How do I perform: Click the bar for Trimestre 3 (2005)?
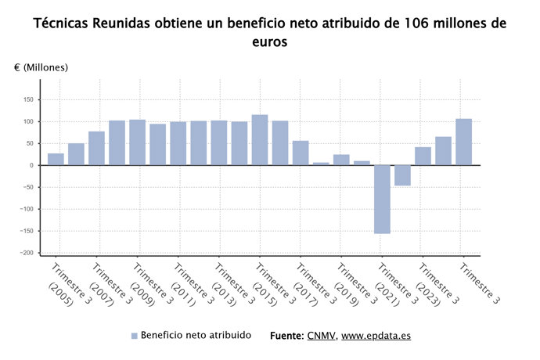point(56,159)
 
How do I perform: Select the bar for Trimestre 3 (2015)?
point(260,140)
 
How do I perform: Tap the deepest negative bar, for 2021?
point(382,199)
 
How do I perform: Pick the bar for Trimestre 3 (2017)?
point(301,153)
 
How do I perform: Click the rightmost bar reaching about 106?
point(463,142)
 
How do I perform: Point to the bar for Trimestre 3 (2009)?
point(137,142)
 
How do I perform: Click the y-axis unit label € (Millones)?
point(41,67)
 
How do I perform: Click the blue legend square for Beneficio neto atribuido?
point(134,336)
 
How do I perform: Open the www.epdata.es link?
point(376,336)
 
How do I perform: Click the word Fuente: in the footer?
point(286,336)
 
